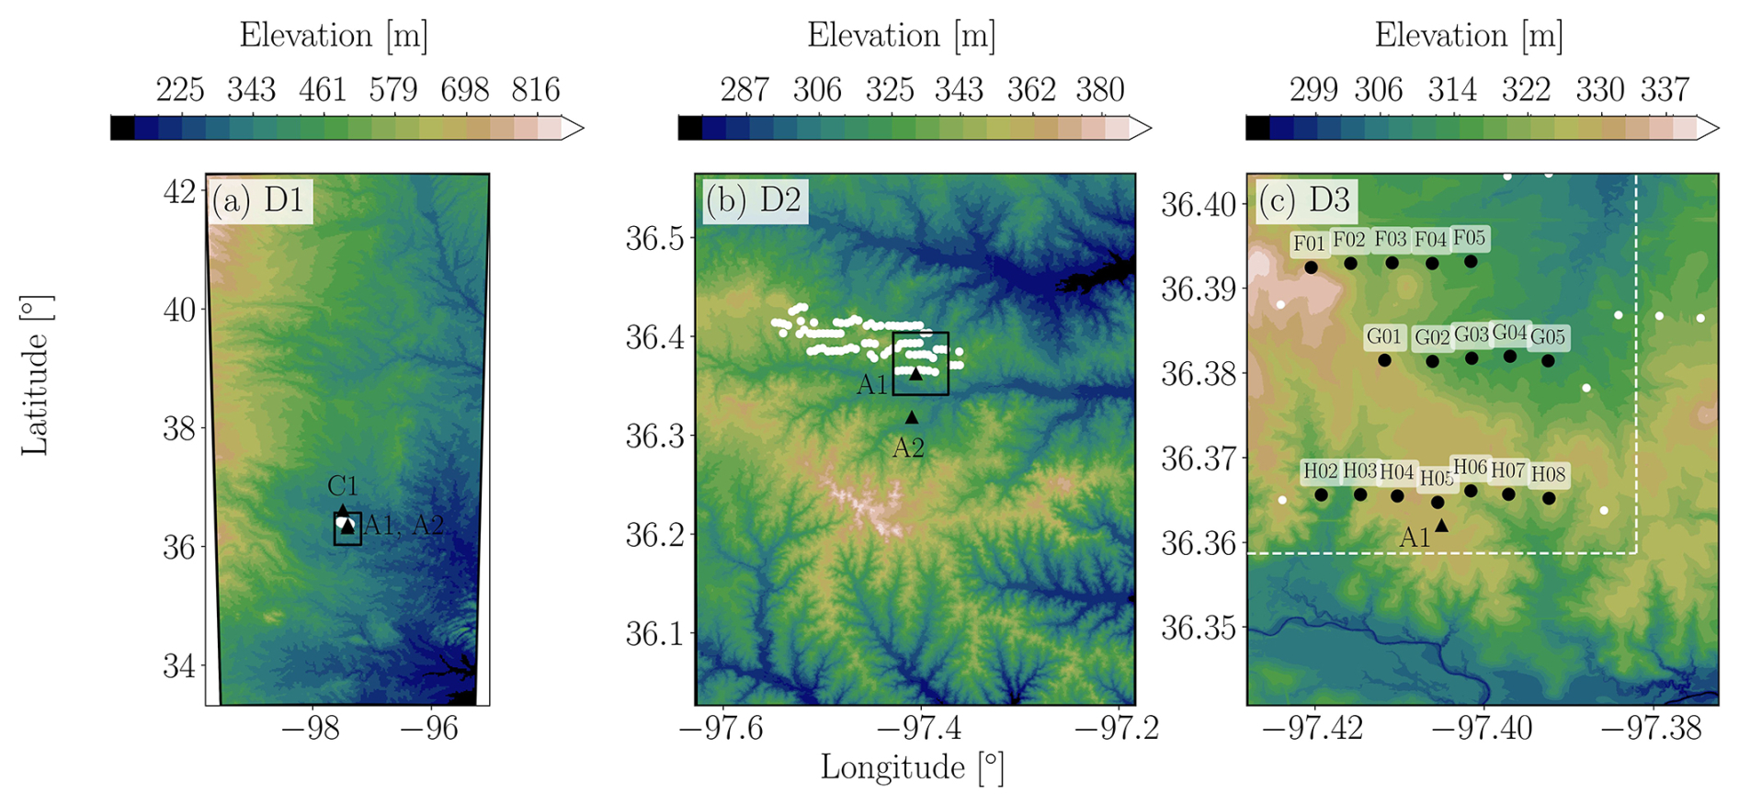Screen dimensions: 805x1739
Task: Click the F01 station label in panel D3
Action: (x=1309, y=244)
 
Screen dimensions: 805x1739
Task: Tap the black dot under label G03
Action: (x=1472, y=357)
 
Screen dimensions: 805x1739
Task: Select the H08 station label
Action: (x=1549, y=475)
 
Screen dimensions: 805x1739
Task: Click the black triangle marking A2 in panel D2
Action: (x=912, y=417)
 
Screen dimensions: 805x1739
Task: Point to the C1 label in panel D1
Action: (x=342, y=486)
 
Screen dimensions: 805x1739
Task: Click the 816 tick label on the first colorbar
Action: (x=536, y=90)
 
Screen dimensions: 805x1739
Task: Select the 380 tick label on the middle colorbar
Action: (x=1100, y=90)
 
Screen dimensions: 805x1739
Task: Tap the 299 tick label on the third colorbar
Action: (x=1313, y=90)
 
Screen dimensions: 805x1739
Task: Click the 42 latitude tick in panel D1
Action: (x=180, y=191)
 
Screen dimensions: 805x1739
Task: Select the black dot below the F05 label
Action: (x=1471, y=262)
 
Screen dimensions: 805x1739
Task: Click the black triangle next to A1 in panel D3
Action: (x=1442, y=526)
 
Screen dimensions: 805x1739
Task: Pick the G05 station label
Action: (x=1548, y=337)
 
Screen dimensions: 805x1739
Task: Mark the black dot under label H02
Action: (x=1321, y=495)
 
